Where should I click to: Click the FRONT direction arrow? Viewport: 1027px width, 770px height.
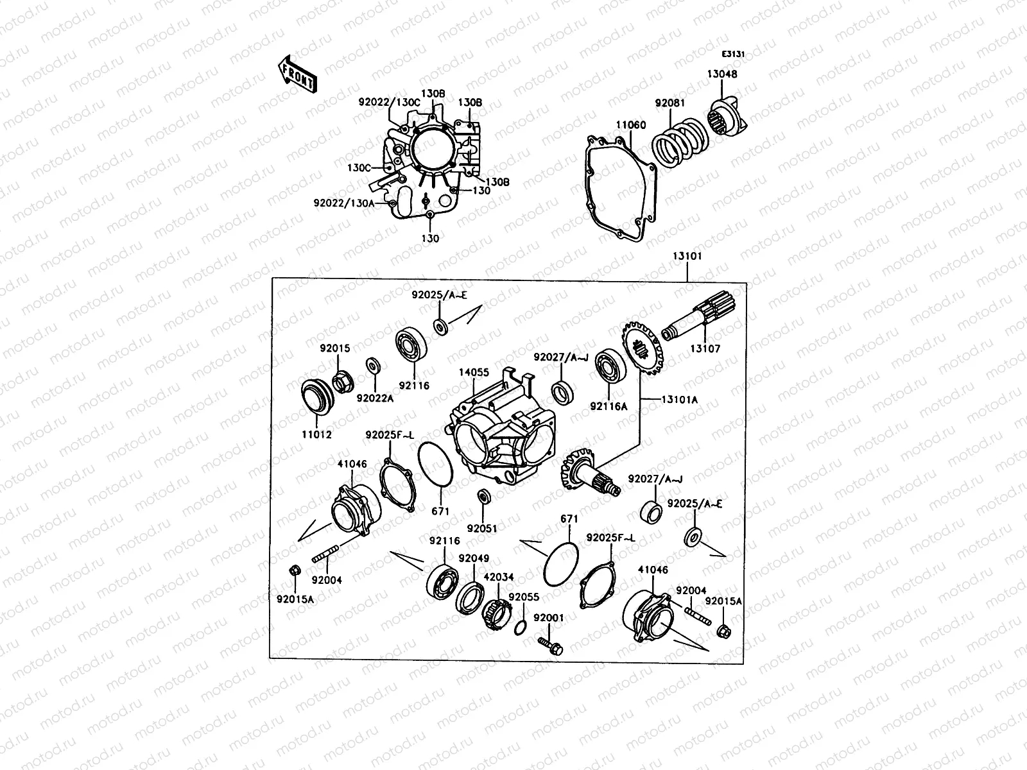click(x=297, y=74)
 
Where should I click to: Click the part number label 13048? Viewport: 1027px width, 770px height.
click(x=723, y=74)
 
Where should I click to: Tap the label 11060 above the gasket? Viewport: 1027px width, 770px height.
click(x=631, y=125)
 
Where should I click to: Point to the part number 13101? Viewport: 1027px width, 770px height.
click(x=687, y=256)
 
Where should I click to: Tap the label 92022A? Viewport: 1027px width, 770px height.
click(x=375, y=398)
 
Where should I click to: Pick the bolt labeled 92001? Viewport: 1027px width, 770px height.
click(x=551, y=645)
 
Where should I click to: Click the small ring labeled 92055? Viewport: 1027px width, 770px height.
click(x=521, y=627)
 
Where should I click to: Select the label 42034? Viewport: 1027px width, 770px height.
click(x=498, y=577)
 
